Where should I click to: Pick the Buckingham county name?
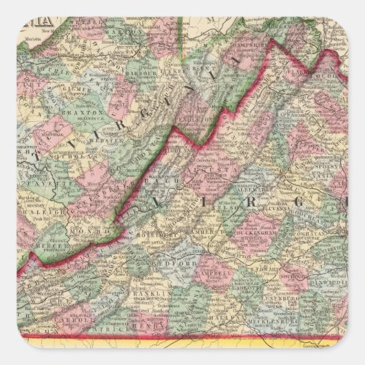(262, 224)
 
